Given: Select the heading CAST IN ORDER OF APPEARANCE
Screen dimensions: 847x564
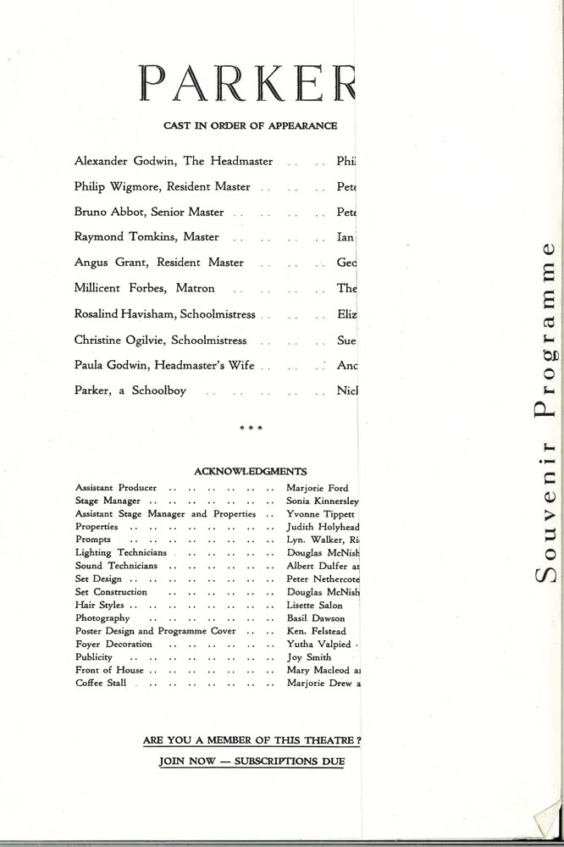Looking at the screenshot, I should pyautogui.click(x=251, y=126).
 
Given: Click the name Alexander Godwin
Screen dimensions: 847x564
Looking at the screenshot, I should pyautogui.click(x=114, y=160).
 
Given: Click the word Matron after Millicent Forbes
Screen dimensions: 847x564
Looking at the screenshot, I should pyautogui.click(x=196, y=289).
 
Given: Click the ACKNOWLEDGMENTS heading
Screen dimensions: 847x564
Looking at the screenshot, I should pyautogui.click(x=250, y=472).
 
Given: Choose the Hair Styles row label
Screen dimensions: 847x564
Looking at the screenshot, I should pyautogui.click(x=100, y=606).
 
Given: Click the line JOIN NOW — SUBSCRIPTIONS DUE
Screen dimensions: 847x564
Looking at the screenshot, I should pyautogui.click(x=252, y=761).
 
